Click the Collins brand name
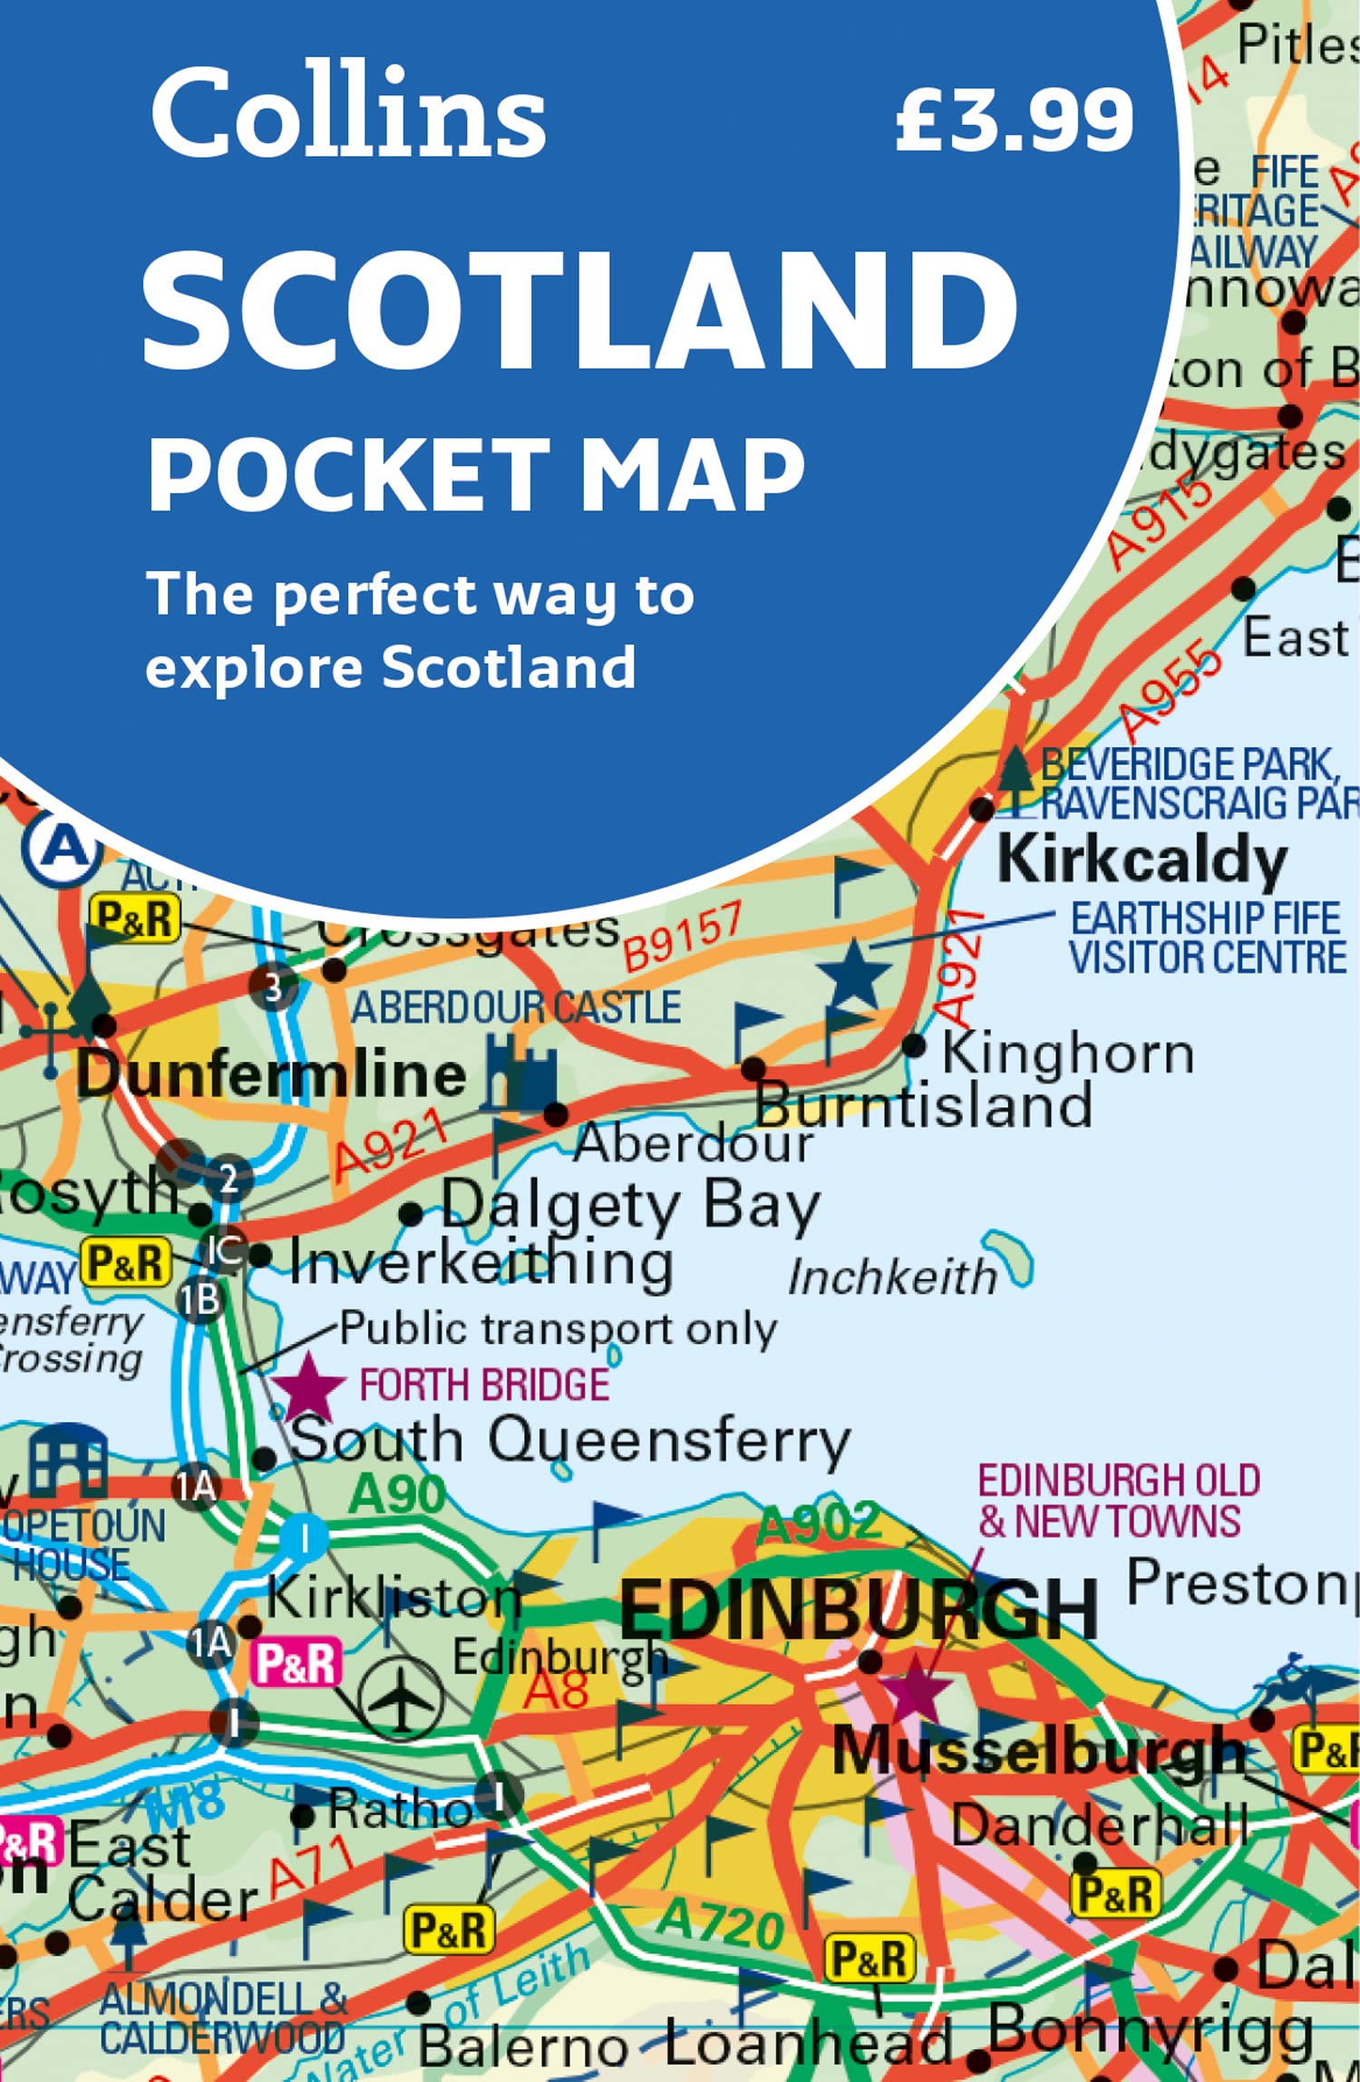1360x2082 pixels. tap(348, 112)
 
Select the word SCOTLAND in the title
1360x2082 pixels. tap(580, 309)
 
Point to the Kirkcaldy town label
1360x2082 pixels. tap(1142, 859)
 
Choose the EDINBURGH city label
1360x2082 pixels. tap(858, 1610)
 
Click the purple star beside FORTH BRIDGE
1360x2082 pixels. tap(308, 1388)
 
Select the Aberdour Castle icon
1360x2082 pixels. tap(520, 1075)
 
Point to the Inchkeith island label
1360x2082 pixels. tap(892, 1279)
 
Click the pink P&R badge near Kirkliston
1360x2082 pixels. tap(296, 1663)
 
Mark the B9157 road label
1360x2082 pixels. tap(683, 935)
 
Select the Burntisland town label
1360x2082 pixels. tap(924, 1105)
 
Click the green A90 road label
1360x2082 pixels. tap(396, 1493)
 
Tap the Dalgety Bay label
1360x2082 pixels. tap(630, 1206)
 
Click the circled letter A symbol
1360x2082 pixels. tap(62, 847)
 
